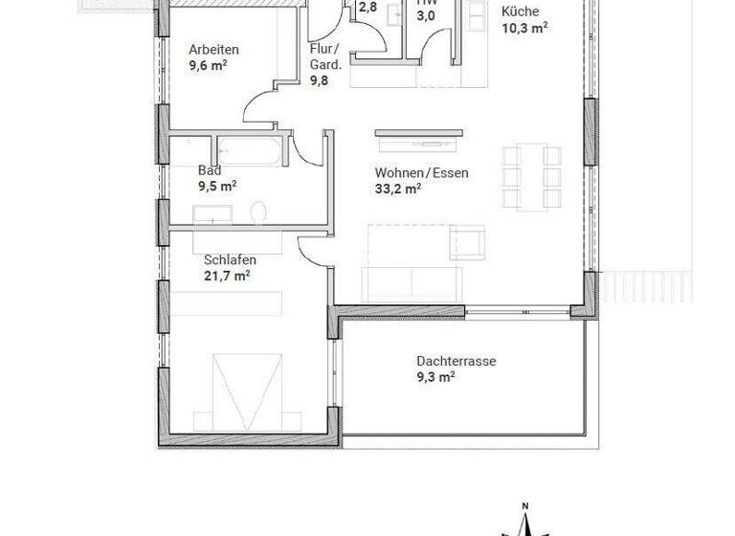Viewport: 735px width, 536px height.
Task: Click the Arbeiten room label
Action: tap(213, 50)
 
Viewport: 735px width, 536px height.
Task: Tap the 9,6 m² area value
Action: tap(208, 66)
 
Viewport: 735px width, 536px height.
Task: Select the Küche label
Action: tap(520, 11)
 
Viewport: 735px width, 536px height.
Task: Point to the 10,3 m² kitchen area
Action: tap(524, 28)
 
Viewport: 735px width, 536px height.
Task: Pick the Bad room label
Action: tap(209, 170)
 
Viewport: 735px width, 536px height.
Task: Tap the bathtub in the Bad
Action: tap(252, 151)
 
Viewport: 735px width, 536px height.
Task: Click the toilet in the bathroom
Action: tap(257, 212)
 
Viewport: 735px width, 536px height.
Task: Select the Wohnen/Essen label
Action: tap(421, 172)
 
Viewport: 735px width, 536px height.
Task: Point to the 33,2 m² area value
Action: tap(398, 189)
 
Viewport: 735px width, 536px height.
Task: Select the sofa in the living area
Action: tap(412, 282)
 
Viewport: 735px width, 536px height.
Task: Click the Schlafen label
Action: tap(230, 259)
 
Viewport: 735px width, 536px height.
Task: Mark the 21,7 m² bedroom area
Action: tap(227, 276)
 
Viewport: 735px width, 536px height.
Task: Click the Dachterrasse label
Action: tap(456, 361)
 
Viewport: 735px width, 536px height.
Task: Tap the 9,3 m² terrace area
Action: tap(434, 377)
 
